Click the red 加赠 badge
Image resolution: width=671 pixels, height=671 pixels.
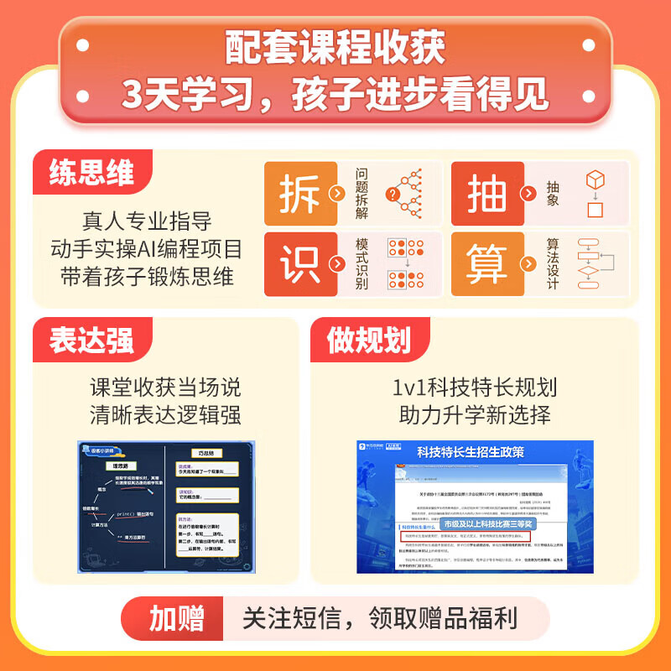click(x=176, y=620)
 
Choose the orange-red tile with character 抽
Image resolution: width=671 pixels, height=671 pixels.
click(x=486, y=194)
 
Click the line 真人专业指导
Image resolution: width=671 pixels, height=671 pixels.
click(x=147, y=222)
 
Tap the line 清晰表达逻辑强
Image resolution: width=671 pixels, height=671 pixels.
click(x=165, y=415)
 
